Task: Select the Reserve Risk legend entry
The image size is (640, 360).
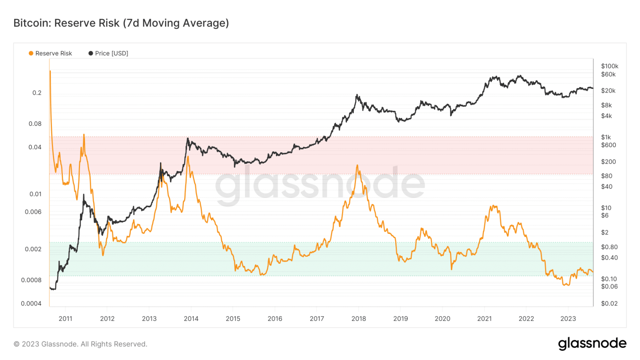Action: point(50,53)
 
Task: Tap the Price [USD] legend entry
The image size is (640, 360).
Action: point(108,53)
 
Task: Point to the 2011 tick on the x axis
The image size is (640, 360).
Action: point(65,319)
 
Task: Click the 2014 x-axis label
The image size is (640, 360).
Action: point(191,319)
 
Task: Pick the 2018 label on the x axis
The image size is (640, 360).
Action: point(358,319)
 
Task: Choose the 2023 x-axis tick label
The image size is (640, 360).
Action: point(568,319)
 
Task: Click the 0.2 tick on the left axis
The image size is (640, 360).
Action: point(37,93)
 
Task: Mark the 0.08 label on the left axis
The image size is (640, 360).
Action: point(35,124)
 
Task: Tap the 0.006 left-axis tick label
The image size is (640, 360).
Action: point(33,212)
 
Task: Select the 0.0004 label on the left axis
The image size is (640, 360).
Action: point(31,303)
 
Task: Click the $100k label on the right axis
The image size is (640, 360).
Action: point(610,66)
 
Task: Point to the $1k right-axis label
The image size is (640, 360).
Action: point(606,137)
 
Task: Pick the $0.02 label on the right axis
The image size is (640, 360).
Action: point(609,303)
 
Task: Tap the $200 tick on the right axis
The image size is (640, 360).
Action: point(608,162)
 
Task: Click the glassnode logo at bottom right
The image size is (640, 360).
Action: point(592,343)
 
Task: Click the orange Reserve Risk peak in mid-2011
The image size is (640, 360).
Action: point(84,135)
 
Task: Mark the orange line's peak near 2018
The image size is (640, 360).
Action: point(357,165)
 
